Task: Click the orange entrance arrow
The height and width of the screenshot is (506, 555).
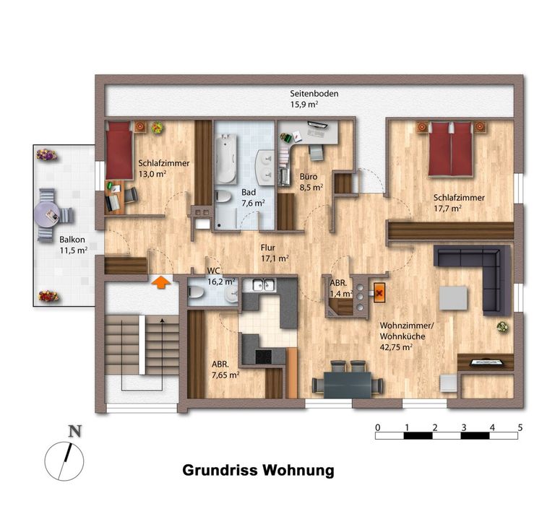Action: (161, 282)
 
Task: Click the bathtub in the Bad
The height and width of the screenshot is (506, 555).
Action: (226, 158)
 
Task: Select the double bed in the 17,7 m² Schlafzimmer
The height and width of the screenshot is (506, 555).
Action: (451, 149)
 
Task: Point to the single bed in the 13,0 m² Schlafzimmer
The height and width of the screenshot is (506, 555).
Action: (119, 150)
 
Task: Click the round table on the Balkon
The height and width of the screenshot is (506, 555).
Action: (47, 214)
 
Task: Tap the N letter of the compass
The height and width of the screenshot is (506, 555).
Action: (74, 432)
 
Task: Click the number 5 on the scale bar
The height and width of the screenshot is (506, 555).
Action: (520, 427)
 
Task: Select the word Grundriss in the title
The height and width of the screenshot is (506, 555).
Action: (220, 471)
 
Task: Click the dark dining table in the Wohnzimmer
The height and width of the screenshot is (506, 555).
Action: (347, 385)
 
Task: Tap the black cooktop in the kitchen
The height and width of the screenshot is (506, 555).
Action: (263, 357)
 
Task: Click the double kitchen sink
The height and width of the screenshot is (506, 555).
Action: (264, 284)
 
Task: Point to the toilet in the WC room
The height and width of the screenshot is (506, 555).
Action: (197, 293)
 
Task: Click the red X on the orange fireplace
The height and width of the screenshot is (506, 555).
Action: (379, 293)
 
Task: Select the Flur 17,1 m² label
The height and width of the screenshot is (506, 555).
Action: (275, 253)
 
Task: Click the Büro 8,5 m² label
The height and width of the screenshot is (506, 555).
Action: (311, 182)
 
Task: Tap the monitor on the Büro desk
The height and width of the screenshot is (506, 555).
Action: (317, 124)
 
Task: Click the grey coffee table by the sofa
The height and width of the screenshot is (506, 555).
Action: (453, 298)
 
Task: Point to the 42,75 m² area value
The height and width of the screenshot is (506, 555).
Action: (396, 347)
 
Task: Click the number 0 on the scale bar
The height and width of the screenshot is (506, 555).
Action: (378, 427)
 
